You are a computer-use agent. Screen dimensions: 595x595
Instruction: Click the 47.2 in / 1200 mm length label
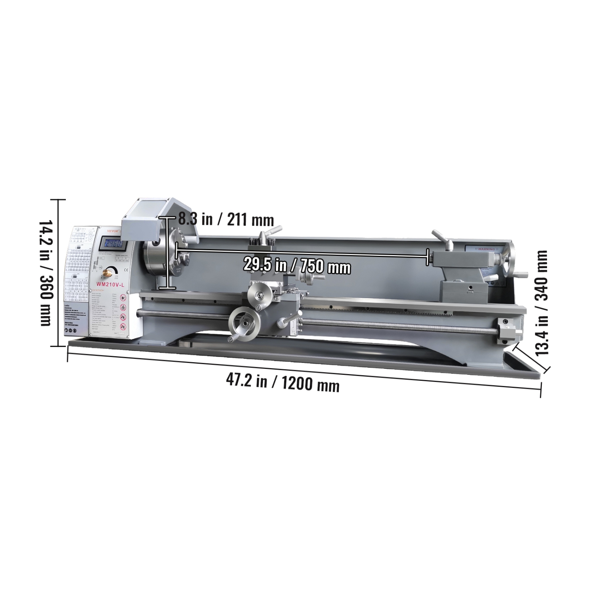pyautogui.click(x=283, y=383)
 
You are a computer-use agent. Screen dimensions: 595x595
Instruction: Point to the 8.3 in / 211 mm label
pyautogui.click(x=226, y=219)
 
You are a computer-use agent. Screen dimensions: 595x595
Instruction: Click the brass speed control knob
pyautogui.click(x=107, y=273)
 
